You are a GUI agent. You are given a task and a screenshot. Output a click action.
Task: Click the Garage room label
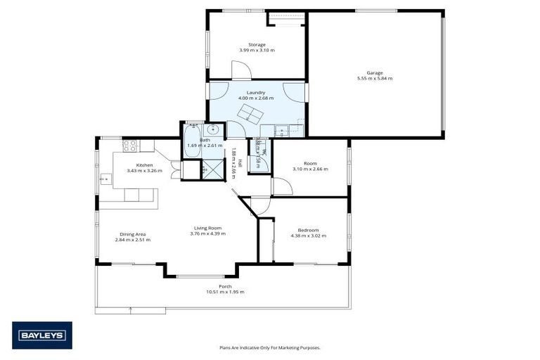point(374,72)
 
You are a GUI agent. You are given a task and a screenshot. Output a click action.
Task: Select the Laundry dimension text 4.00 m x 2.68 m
point(257,98)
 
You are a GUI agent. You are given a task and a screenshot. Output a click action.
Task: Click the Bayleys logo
point(41,335)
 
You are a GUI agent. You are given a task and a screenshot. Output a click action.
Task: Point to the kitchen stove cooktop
point(130,146)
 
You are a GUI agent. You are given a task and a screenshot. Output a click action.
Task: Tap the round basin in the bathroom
point(212,129)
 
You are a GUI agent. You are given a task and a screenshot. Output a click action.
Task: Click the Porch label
point(225,286)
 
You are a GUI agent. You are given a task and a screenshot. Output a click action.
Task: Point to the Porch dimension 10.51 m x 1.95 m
point(225,292)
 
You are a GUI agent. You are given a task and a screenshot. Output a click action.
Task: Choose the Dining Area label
point(133,234)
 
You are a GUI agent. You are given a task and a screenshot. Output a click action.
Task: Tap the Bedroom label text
point(308,230)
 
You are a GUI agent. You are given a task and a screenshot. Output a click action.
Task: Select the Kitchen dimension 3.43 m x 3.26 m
point(144,171)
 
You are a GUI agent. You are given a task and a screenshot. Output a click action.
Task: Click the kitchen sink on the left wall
point(105,179)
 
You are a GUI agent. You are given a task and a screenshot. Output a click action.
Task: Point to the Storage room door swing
point(240,70)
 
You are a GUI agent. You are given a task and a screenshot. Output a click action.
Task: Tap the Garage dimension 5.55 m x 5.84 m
point(374,78)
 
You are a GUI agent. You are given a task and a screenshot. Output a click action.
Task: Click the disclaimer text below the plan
point(269,347)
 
